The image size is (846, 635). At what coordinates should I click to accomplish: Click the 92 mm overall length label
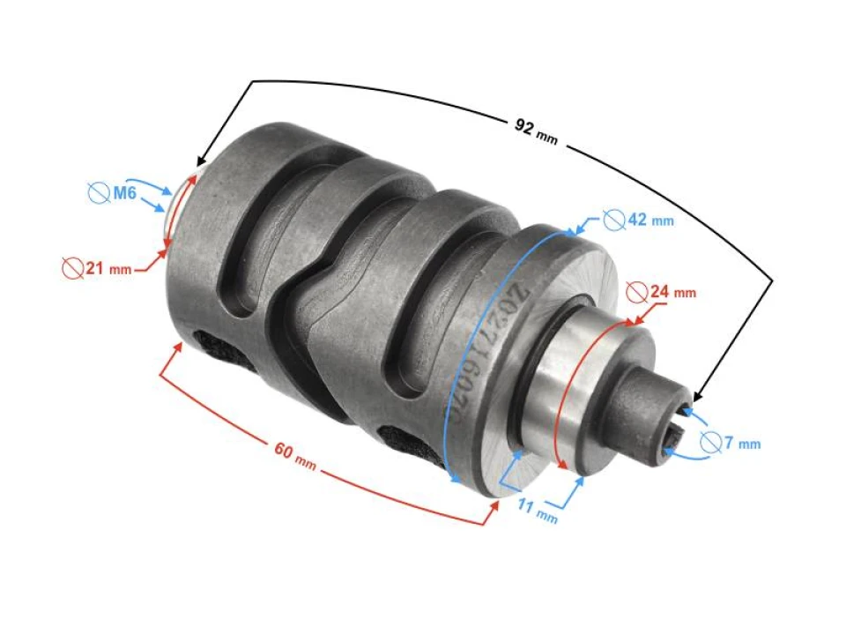pos(536,129)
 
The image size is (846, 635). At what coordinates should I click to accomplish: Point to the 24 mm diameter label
pos(672,291)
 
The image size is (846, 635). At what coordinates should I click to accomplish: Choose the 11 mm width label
pos(537,511)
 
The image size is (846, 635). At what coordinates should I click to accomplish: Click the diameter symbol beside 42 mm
pos(613,218)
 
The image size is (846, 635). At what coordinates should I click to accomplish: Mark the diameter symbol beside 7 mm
pos(711,443)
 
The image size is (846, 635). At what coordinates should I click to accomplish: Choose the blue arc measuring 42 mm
pos(480,353)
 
